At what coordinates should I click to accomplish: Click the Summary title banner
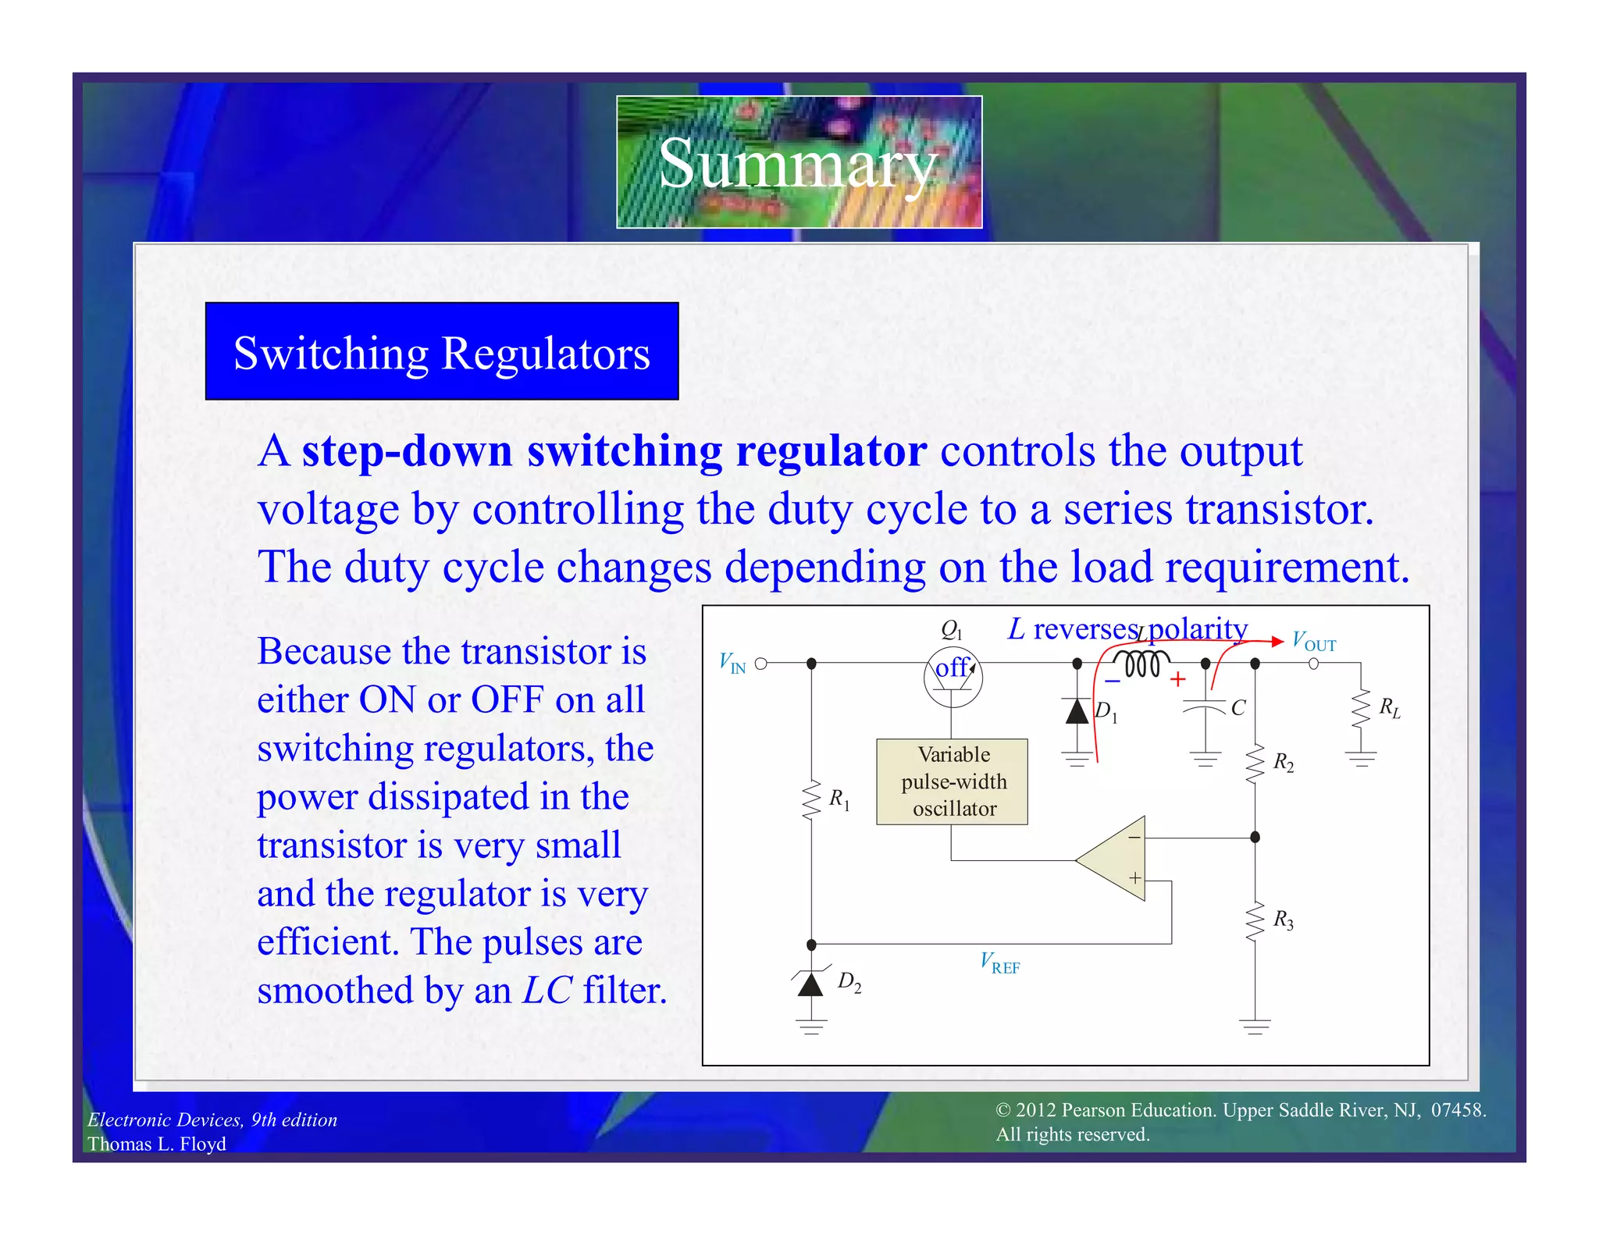(x=799, y=162)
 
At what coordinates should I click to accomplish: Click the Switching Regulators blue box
(x=442, y=352)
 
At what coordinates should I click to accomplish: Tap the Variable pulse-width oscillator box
(x=952, y=781)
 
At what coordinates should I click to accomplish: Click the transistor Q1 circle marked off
(x=953, y=676)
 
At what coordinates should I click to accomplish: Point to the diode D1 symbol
(x=1077, y=711)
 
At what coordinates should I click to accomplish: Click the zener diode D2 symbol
(x=811, y=984)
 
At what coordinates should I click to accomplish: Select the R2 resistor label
(x=1284, y=762)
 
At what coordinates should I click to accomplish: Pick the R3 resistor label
(x=1284, y=920)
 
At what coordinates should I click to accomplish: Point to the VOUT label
(x=1314, y=642)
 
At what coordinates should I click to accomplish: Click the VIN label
(x=732, y=664)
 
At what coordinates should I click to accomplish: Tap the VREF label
(x=1000, y=963)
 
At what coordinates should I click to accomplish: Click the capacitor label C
(x=1238, y=708)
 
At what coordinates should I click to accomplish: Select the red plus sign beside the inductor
(x=1177, y=680)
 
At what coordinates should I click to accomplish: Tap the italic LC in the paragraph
(x=547, y=990)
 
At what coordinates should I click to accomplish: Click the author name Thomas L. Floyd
(x=157, y=1144)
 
